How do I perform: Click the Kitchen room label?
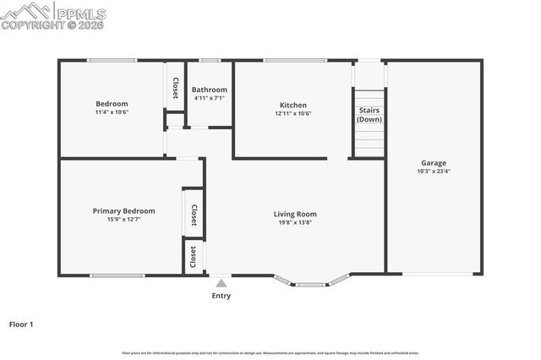(x=293, y=106)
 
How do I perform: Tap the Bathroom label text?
(x=209, y=90)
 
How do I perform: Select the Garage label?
(x=434, y=163)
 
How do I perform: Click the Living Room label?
(x=295, y=214)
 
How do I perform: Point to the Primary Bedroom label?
(x=123, y=210)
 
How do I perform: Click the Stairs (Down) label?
(x=369, y=115)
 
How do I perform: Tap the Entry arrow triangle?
(x=221, y=283)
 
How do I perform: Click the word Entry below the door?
(x=221, y=296)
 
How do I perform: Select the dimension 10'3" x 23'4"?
(x=434, y=172)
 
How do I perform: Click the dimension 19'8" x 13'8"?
(x=295, y=222)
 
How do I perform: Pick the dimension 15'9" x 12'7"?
(x=123, y=219)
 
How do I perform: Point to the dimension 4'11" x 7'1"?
(x=209, y=98)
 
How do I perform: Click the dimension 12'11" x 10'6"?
(x=293, y=113)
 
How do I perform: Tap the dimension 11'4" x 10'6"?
(x=112, y=112)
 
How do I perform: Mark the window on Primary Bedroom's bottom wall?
(x=117, y=275)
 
